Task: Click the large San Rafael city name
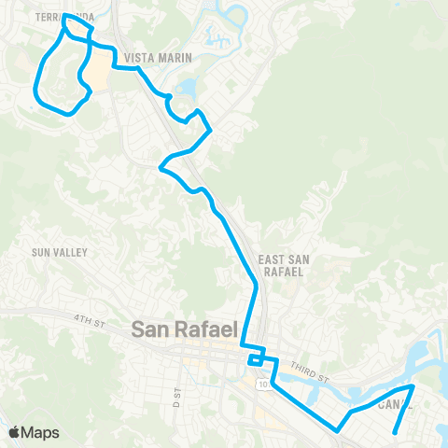pos(186,329)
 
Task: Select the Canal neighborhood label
pos(395,405)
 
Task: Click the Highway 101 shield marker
pos(264,384)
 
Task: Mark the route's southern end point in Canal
pos(396,432)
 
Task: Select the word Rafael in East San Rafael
pos(283,272)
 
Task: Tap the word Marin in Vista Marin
pos(177,58)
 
